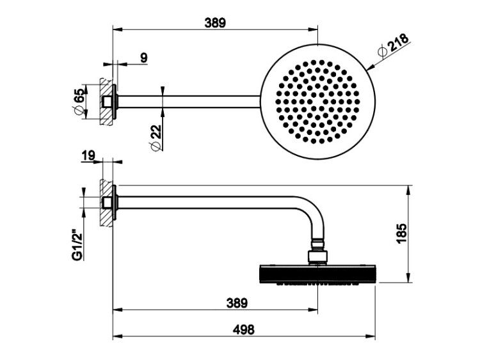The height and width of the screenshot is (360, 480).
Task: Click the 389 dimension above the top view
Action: point(215,23)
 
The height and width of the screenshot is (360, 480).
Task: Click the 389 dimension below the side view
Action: point(237,303)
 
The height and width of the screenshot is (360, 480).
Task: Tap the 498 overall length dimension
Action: point(244,330)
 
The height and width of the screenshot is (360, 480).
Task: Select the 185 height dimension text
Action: point(401,233)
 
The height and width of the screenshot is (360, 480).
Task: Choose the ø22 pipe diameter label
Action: point(156,138)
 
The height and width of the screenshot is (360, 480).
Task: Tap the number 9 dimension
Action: point(144,58)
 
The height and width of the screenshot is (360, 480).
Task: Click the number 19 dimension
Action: point(88,155)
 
